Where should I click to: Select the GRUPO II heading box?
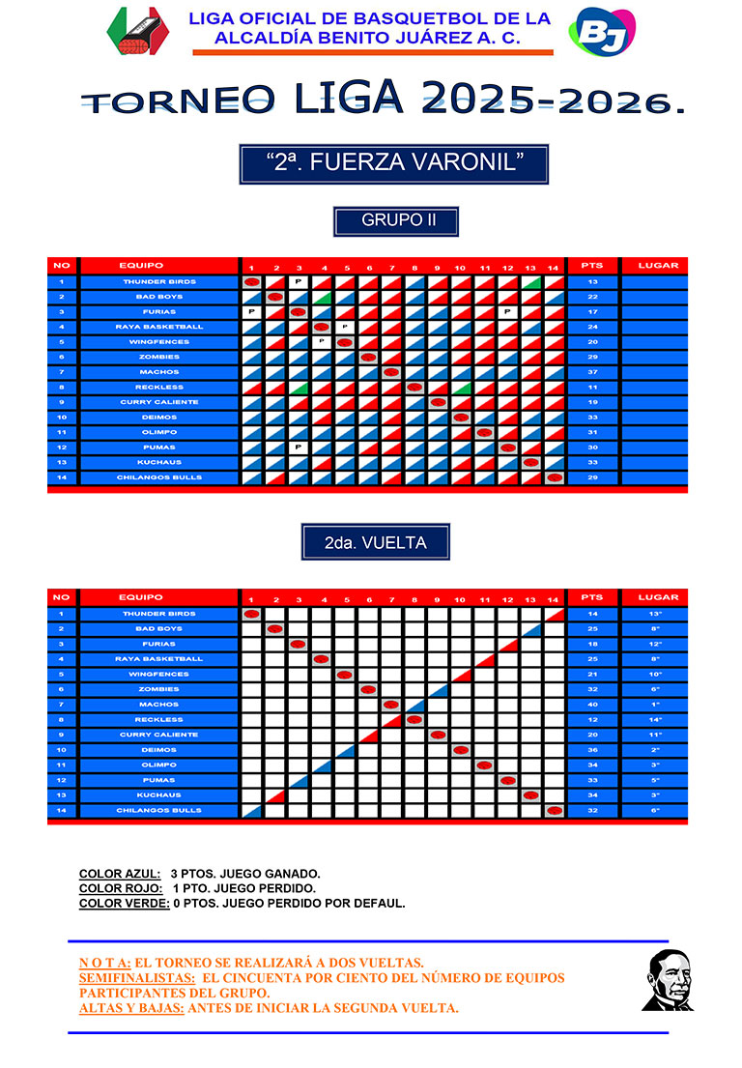(396, 220)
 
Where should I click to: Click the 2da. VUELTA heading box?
(375, 543)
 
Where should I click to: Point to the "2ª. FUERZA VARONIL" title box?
(394, 164)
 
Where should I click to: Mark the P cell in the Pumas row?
(299, 447)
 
